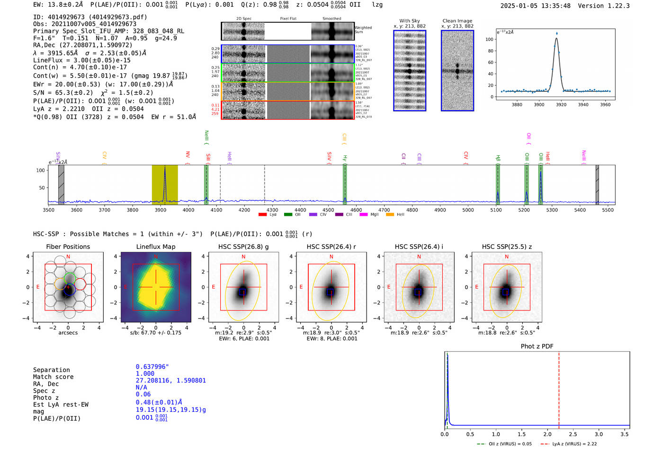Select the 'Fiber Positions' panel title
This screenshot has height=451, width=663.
pyautogui.click(x=68, y=247)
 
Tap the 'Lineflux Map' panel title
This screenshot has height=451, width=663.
pyautogui.click(x=155, y=247)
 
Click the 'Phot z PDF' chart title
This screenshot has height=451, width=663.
pyautogui.click(x=537, y=346)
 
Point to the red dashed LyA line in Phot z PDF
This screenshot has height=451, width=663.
pyautogui.click(x=559, y=388)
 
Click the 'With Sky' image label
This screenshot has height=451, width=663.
pyautogui.click(x=409, y=21)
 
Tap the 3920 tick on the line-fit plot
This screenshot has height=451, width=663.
pyautogui.click(x=561, y=105)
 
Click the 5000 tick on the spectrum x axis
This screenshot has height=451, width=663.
pyautogui.click(x=468, y=210)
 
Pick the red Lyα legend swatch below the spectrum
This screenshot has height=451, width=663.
pyautogui.click(x=262, y=215)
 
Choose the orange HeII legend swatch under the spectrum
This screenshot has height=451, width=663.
pyautogui.click(x=390, y=215)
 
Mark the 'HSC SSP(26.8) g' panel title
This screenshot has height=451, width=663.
pyautogui.click(x=243, y=247)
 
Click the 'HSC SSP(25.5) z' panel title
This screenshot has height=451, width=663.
pyautogui.click(x=507, y=247)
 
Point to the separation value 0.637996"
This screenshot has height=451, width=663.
pyautogui.click(x=152, y=367)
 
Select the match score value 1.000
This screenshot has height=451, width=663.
pyautogui.click(x=145, y=373)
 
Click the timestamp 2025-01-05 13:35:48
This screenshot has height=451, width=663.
pyautogui.click(x=535, y=6)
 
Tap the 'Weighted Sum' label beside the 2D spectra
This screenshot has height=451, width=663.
pyautogui.click(x=363, y=30)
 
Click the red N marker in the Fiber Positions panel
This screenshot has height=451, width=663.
pyautogui.click(x=68, y=256)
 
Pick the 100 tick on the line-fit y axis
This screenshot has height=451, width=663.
pyautogui.click(x=489, y=39)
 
